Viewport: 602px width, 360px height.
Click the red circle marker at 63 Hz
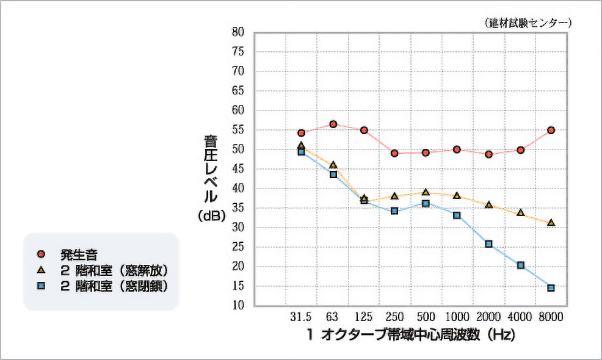coord(333,124)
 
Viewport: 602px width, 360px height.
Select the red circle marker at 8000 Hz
coord(551,130)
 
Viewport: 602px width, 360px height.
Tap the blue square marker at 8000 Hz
coord(551,288)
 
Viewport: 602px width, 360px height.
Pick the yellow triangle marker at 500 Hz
coord(426,192)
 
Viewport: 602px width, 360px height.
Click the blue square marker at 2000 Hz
coord(488,244)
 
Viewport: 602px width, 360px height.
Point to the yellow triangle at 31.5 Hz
coord(301,146)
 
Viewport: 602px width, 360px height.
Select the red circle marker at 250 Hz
coord(394,153)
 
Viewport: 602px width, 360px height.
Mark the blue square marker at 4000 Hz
coord(521,265)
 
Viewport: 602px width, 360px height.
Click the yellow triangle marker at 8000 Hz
coord(551,223)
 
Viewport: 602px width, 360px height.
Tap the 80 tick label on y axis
coord(239,32)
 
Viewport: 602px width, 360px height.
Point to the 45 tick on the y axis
coord(239,169)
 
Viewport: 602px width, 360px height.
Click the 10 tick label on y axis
coord(239,306)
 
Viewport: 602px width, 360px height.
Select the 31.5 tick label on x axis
coord(301,317)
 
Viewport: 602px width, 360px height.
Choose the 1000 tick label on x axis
coord(457,317)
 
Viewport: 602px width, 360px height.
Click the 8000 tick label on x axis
coord(550,317)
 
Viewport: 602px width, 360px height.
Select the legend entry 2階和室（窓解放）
coord(114,269)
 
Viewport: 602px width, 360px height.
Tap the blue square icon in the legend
coord(40,286)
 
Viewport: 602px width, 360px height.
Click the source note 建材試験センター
coord(529,23)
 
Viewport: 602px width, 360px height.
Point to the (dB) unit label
coord(211,215)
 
